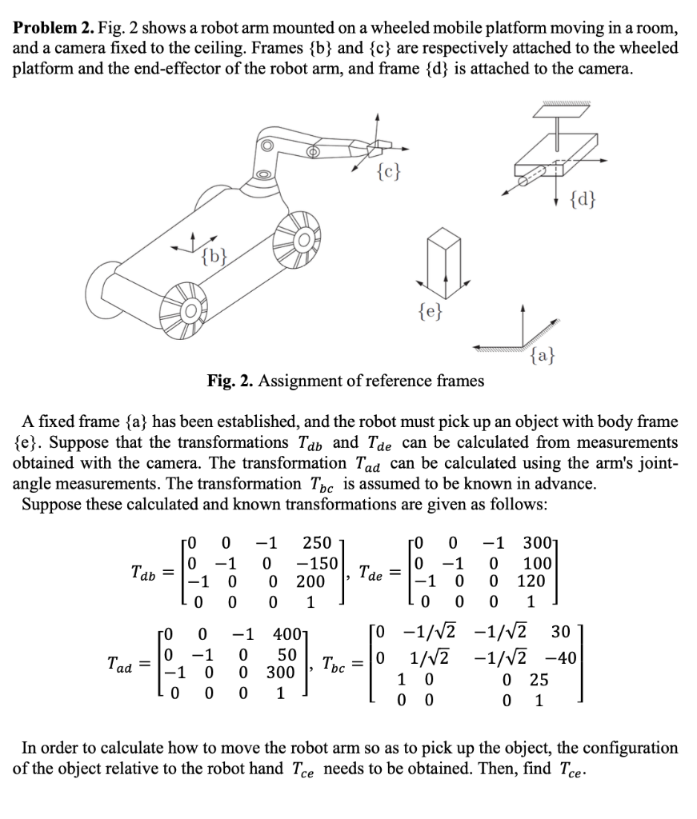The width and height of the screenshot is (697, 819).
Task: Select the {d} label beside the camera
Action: [582, 196]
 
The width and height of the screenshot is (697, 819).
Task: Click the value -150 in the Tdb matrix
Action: [314, 561]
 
